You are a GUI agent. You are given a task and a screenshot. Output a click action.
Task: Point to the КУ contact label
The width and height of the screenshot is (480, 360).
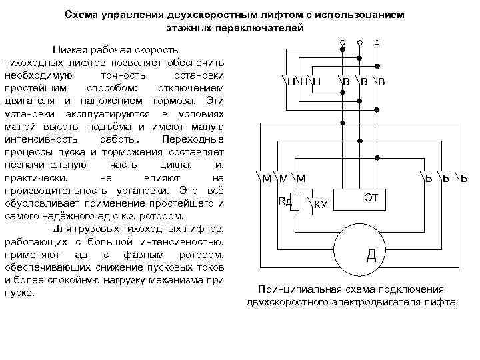pos(320,204)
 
